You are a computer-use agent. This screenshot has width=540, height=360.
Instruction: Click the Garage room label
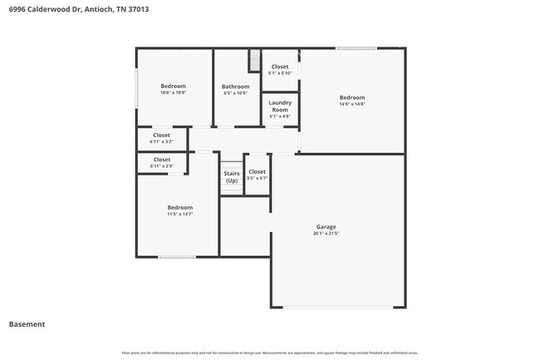click(326, 226)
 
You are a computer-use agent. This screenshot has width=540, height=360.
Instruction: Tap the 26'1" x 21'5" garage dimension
click(326, 234)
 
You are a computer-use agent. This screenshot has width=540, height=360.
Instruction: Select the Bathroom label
click(235, 86)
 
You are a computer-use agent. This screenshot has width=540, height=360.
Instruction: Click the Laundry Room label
click(280, 106)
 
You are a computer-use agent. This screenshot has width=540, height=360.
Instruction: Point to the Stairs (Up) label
click(231, 177)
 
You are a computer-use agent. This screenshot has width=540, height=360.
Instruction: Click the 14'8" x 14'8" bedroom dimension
click(352, 104)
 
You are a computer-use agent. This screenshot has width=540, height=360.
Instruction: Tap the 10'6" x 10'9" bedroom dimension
click(174, 92)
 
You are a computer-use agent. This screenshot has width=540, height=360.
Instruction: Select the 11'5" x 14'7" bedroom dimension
click(180, 215)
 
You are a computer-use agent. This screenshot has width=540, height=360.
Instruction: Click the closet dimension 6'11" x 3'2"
click(161, 142)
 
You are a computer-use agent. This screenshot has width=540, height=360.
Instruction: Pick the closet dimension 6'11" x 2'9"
click(161, 166)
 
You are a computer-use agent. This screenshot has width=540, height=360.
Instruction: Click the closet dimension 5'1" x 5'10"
click(280, 73)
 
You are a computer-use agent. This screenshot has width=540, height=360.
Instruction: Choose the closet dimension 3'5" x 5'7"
click(258, 178)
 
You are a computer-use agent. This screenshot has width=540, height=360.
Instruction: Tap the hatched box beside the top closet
click(255, 62)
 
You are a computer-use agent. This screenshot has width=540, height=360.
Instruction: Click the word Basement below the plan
click(27, 324)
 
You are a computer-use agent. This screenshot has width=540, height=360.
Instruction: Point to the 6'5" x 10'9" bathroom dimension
click(235, 93)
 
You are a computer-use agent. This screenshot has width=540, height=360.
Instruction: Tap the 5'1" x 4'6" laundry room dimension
click(280, 116)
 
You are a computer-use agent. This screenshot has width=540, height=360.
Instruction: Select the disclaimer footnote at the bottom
click(270, 353)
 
